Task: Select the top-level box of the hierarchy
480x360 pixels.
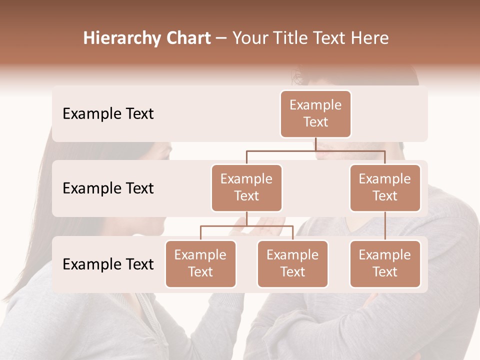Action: pos(315,114)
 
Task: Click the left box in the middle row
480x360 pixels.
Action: pos(246,188)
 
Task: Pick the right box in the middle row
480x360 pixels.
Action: pos(385,188)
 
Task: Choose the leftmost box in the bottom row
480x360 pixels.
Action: pos(200,264)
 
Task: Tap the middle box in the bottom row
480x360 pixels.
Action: pos(292,264)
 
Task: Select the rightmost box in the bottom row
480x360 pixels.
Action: pos(385,264)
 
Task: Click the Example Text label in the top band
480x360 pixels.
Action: pos(108,114)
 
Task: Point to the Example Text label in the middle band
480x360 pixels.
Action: pos(108,188)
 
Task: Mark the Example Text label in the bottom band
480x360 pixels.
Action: pos(108,264)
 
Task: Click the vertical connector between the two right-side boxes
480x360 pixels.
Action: pos(385,226)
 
